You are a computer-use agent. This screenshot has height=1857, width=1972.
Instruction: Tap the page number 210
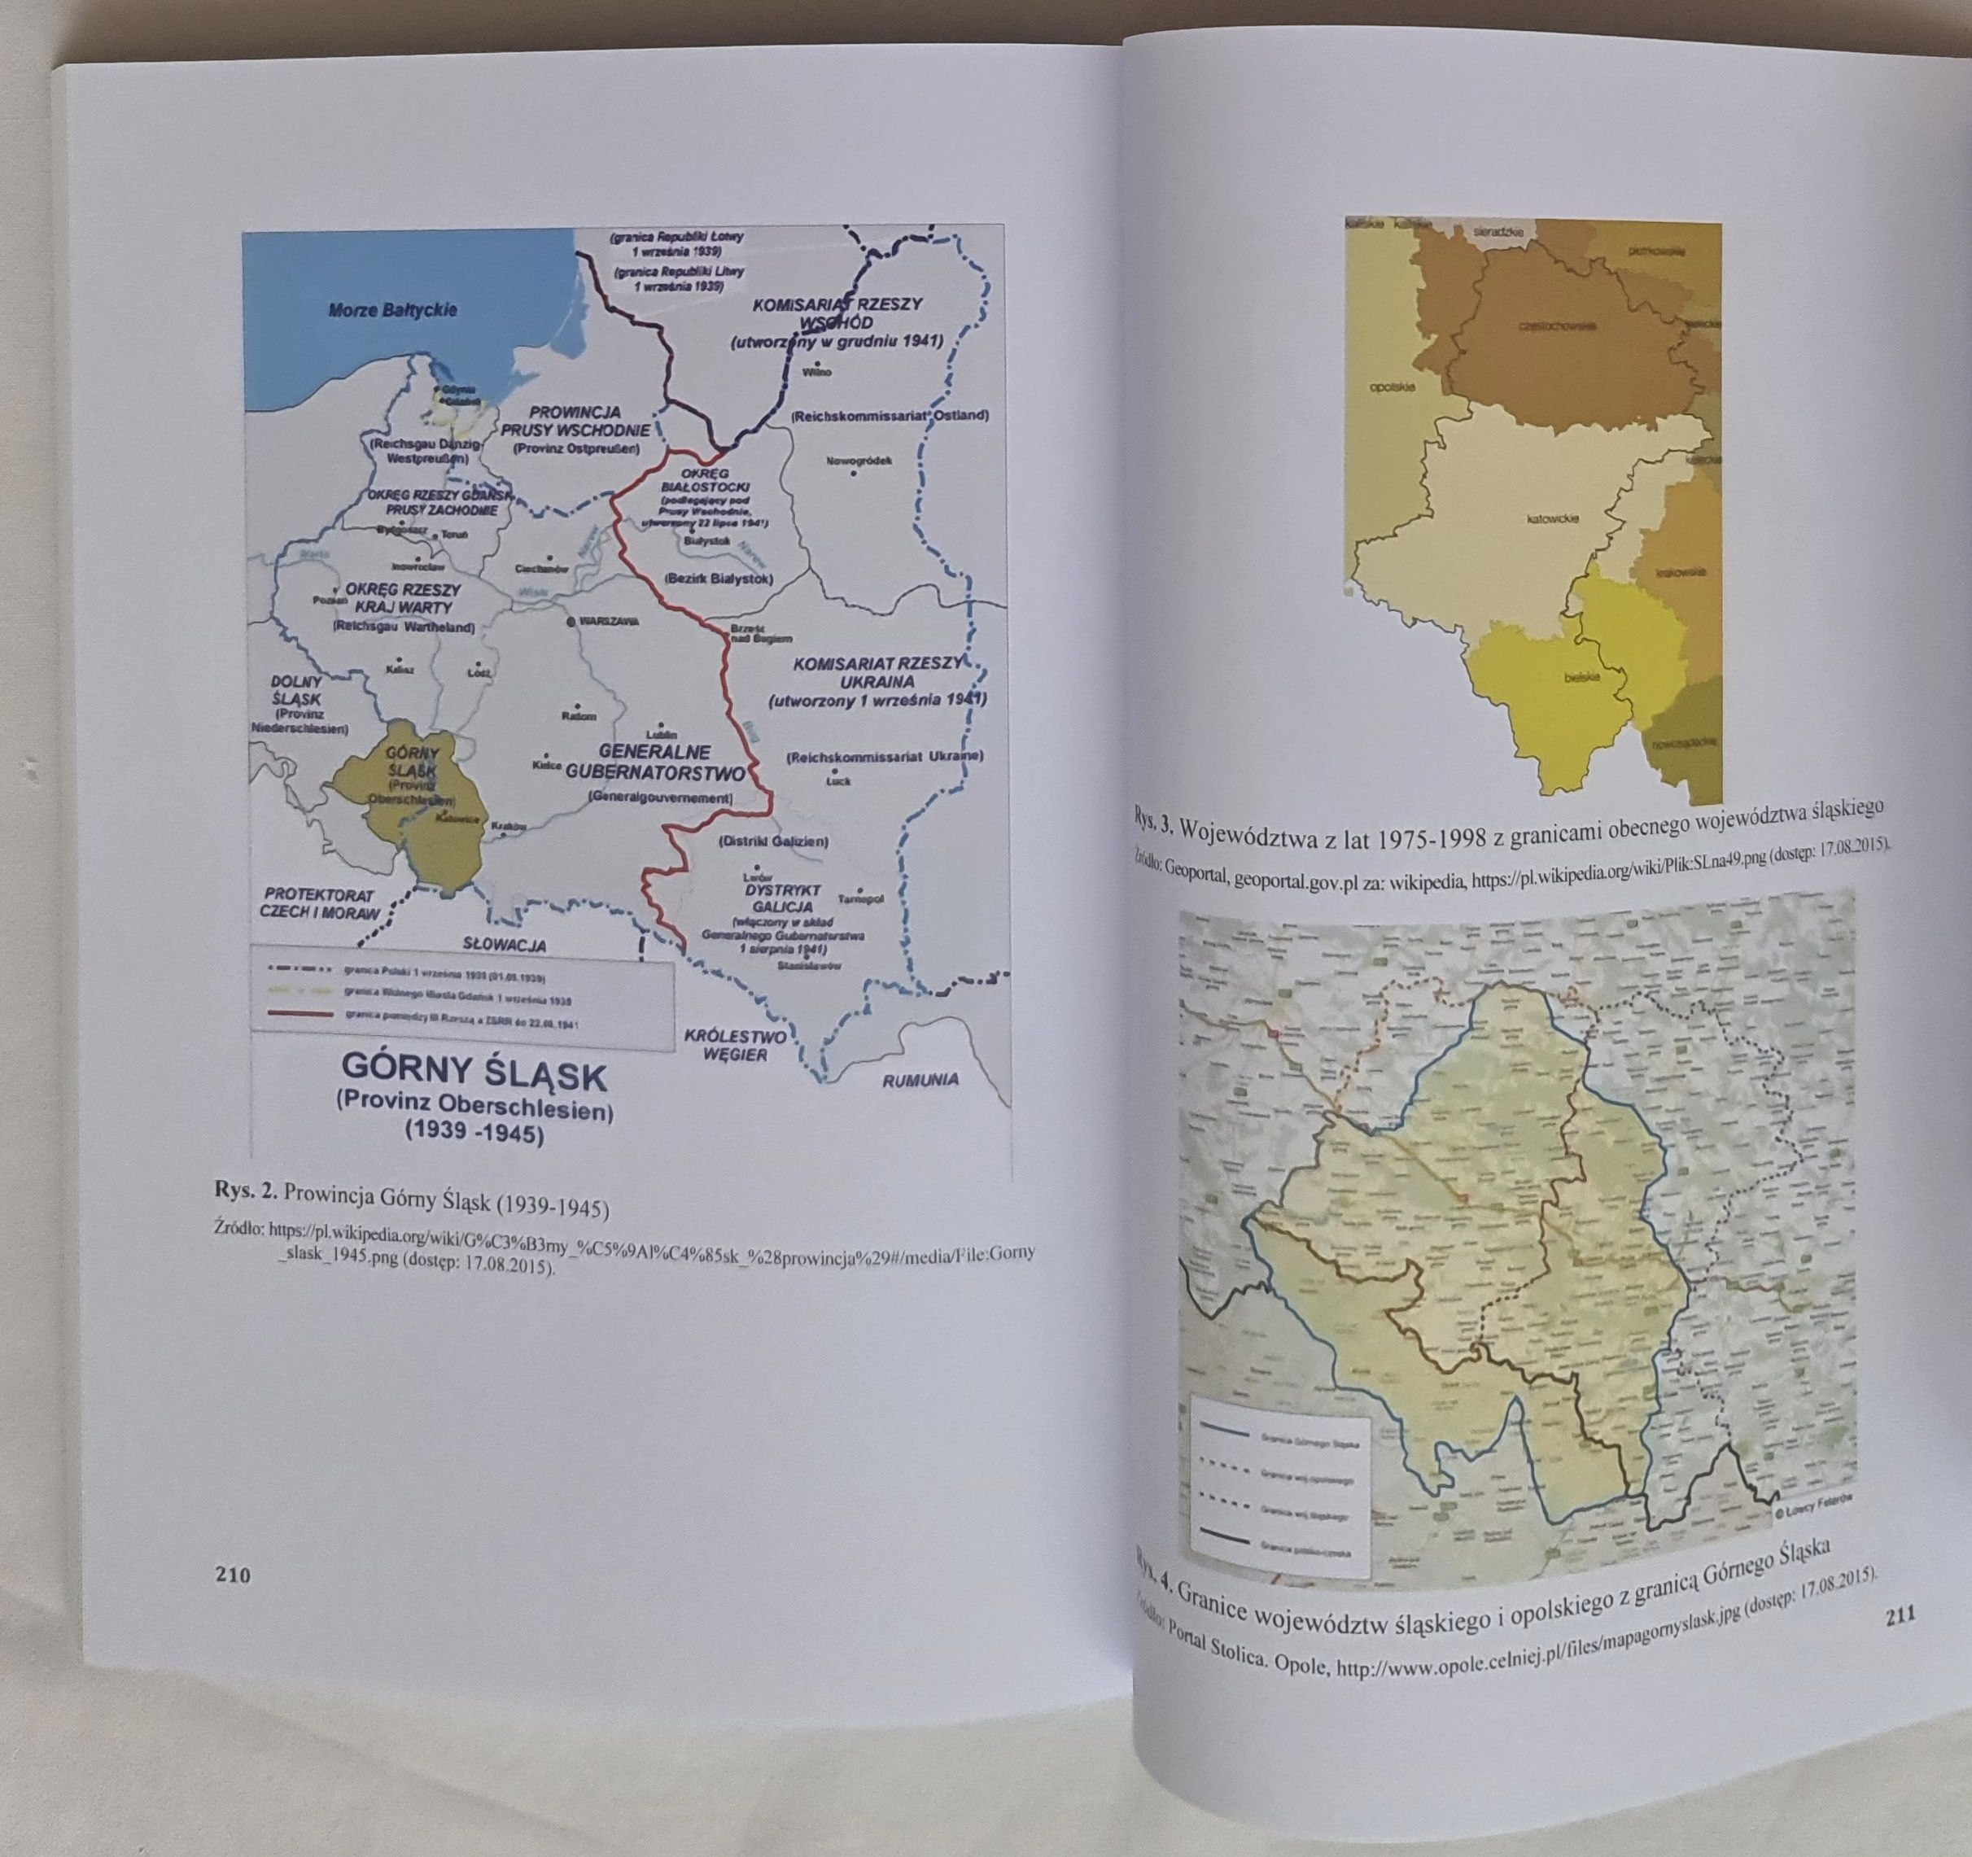(x=233, y=1575)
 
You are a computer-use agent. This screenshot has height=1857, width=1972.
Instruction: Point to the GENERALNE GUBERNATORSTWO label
(x=658, y=762)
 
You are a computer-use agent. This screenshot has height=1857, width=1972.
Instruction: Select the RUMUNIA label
(x=920, y=1079)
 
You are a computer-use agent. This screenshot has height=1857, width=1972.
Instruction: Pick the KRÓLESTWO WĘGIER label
(x=735, y=1046)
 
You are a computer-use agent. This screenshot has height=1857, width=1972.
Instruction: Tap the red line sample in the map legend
(x=298, y=1013)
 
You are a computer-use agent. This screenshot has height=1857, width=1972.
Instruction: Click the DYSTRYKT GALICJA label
(x=780, y=898)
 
